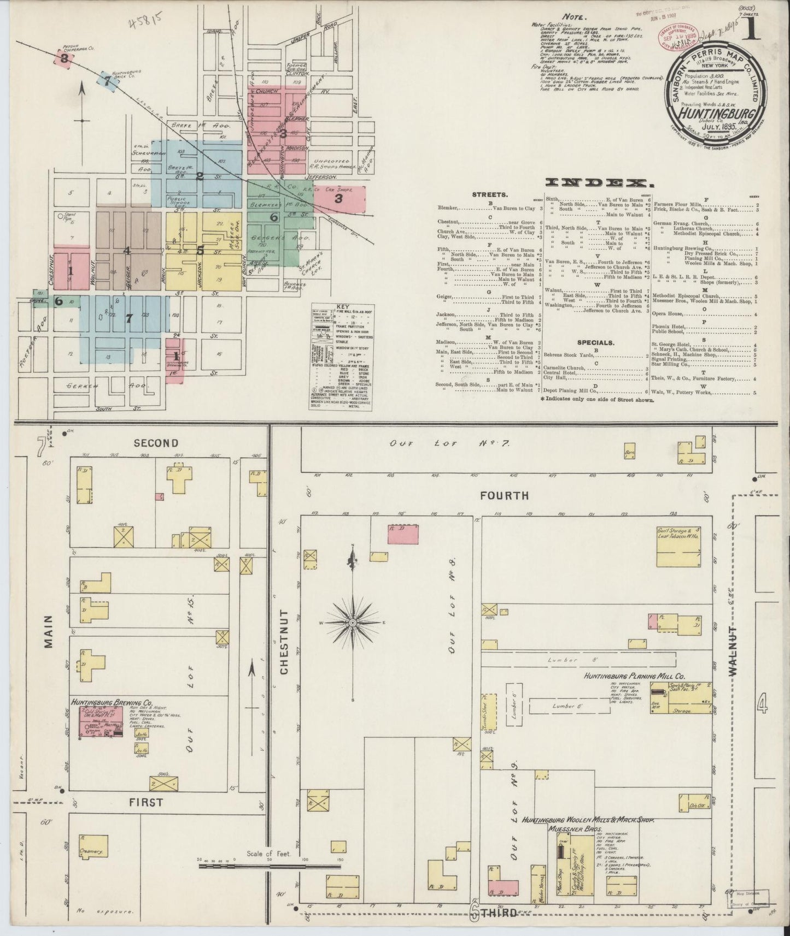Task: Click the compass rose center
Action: (353, 623)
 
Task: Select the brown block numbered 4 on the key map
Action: (127, 251)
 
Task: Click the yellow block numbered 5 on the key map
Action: (201, 251)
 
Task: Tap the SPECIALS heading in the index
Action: (596, 342)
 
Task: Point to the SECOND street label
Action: (156, 443)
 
